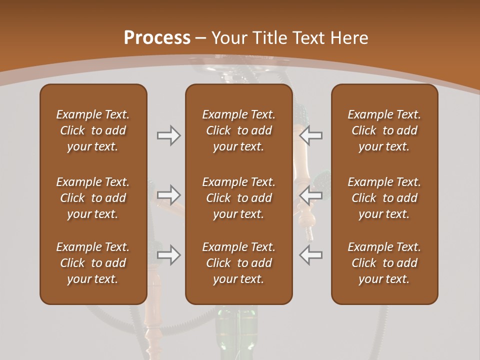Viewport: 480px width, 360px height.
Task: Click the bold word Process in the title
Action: pos(157,38)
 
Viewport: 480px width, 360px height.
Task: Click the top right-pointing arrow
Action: pos(168,135)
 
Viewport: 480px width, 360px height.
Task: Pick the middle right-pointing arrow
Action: pos(168,195)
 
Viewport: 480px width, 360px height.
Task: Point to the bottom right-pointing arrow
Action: pos(168,255)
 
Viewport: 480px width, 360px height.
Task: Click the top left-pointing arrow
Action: pos(310,135)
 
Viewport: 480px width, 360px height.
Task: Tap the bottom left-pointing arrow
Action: pos(310,255)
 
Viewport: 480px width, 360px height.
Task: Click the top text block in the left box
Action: pos(93,130)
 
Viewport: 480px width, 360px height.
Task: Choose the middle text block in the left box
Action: pos(93,198)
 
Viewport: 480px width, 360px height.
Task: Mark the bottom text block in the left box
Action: pos(93,263)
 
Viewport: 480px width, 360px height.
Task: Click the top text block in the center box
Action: pos(238,130)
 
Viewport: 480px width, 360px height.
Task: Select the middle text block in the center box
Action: pos(238,198)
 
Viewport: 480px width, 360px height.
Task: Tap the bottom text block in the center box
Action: pos(238,263)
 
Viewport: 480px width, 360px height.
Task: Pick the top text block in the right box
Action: pos(384,130)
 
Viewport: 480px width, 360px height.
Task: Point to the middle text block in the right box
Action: pos(384,198)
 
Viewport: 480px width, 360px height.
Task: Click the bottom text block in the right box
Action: pos(384,263)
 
